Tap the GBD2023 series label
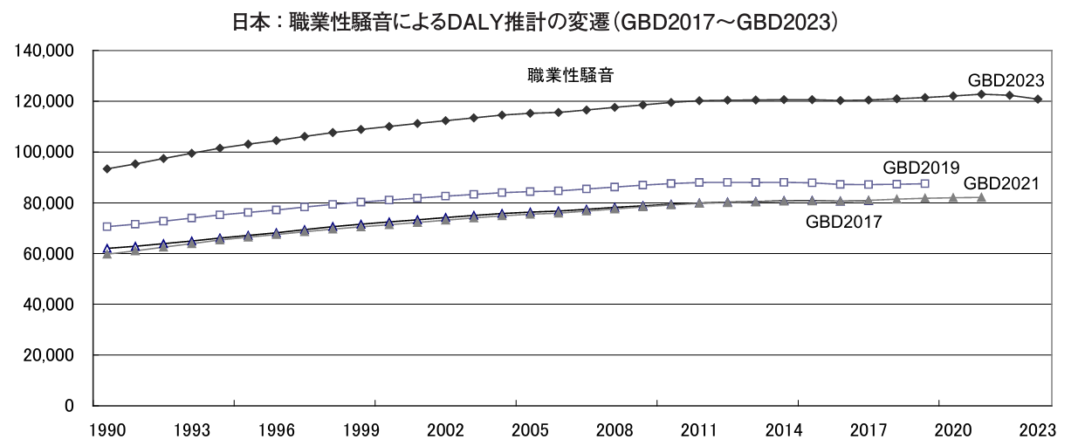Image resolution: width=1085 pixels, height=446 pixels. [x=1006, y=80]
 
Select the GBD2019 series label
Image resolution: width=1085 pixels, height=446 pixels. [x=921, y=167]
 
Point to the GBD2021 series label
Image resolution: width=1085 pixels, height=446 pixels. [x=1002, y=183]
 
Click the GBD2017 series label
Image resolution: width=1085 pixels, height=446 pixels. [x=844, y=222]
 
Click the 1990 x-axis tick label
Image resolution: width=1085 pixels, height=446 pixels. [x=107, y=429]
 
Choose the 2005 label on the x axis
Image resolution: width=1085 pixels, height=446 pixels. [x=530, y=429]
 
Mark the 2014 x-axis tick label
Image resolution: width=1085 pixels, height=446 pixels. [x=783, y=429]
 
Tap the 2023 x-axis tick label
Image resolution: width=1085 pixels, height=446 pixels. [x=1037, y=429]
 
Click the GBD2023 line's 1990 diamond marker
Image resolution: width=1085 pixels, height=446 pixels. [x=107, y=168]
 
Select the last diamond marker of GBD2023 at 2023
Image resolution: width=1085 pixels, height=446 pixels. [x=1037, y=99]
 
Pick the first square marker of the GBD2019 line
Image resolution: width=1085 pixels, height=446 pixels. [x=107, y=227]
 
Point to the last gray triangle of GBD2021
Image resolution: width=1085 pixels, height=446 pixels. [x=981, y=197]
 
